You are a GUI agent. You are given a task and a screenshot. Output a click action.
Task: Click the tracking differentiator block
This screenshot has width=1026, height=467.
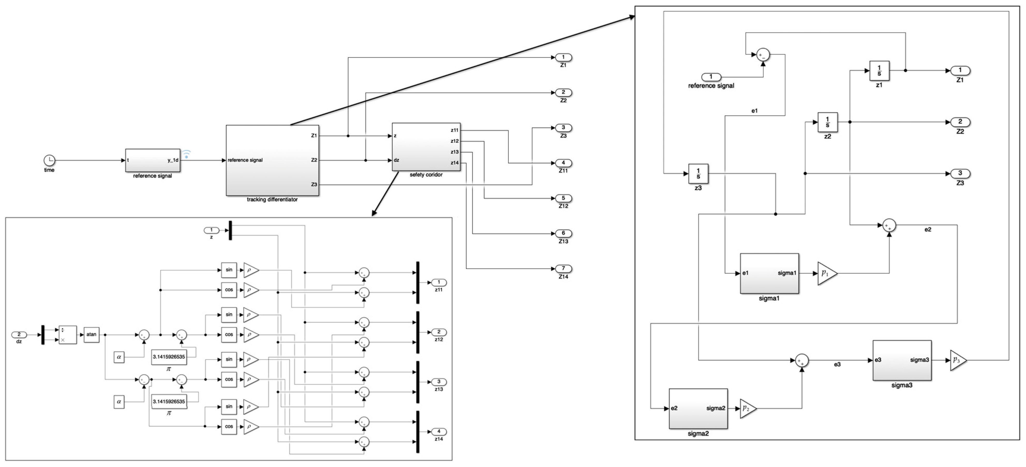click(272, 160)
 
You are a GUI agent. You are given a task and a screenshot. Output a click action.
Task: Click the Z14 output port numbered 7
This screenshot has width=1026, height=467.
click(563, 268)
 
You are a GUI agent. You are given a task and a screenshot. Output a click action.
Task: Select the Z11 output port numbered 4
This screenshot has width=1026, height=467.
click(563, 162)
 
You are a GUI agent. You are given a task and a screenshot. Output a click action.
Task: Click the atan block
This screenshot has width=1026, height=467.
click(91, 335)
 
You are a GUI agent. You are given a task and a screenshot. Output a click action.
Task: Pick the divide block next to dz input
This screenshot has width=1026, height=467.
click(67, 335)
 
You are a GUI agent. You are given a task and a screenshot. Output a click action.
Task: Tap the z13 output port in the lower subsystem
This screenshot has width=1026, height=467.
click(439, 382)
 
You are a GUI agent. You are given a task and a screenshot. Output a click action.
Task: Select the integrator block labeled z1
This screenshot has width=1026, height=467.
click(879, 71)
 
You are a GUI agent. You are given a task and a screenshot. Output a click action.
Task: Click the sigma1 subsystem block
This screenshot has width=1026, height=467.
click(769, 273)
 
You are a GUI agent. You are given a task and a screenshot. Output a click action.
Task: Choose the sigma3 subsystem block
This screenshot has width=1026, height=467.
click(902, 360)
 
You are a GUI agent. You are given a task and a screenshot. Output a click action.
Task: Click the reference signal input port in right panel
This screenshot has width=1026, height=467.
click(711, 77)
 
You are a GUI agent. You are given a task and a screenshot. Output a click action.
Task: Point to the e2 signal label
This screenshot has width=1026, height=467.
click(928, 230)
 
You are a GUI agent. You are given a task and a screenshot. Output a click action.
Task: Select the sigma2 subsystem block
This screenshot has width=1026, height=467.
click(698, 408)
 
